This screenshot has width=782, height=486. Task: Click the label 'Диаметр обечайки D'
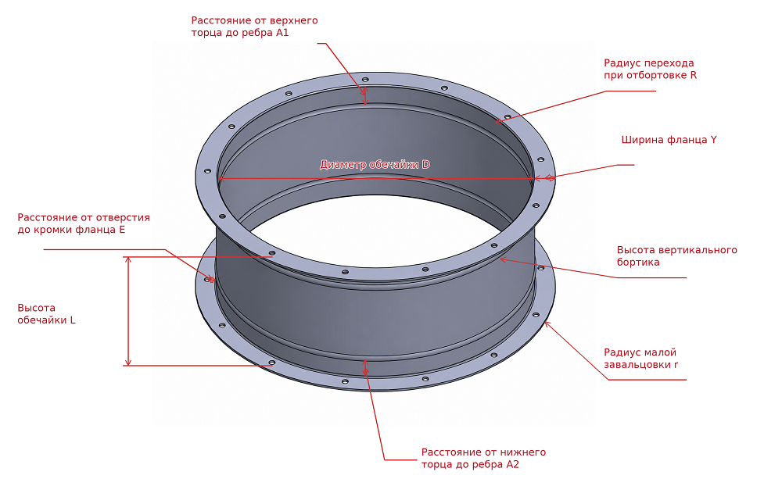point(375,165)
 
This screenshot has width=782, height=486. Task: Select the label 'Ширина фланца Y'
point(669,140)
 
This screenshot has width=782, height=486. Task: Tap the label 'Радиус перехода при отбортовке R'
point(650,70)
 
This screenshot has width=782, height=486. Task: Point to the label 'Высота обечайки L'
point(46,314)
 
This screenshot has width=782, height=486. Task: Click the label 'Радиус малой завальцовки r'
point(641,359)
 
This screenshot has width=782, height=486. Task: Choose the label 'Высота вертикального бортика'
point(676,256)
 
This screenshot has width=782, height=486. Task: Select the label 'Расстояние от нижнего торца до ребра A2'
point(483,459)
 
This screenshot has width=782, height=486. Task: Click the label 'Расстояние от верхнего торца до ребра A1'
point(254,27)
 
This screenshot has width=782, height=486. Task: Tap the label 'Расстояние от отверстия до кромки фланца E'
point(84,223)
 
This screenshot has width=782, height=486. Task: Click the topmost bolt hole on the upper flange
point(365,79)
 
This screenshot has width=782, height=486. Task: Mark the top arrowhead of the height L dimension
point(128,259)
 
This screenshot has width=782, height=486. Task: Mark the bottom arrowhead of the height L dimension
point(128,363)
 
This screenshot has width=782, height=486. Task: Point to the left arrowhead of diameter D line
point(221,178)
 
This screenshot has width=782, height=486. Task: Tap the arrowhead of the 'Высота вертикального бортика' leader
point(503,259)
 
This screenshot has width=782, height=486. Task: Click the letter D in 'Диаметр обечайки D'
point(426,165)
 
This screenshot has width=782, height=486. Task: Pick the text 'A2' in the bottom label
point(513,465)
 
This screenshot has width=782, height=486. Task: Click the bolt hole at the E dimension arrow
point(207,280)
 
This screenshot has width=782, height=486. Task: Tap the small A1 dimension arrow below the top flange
point(365,96)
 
